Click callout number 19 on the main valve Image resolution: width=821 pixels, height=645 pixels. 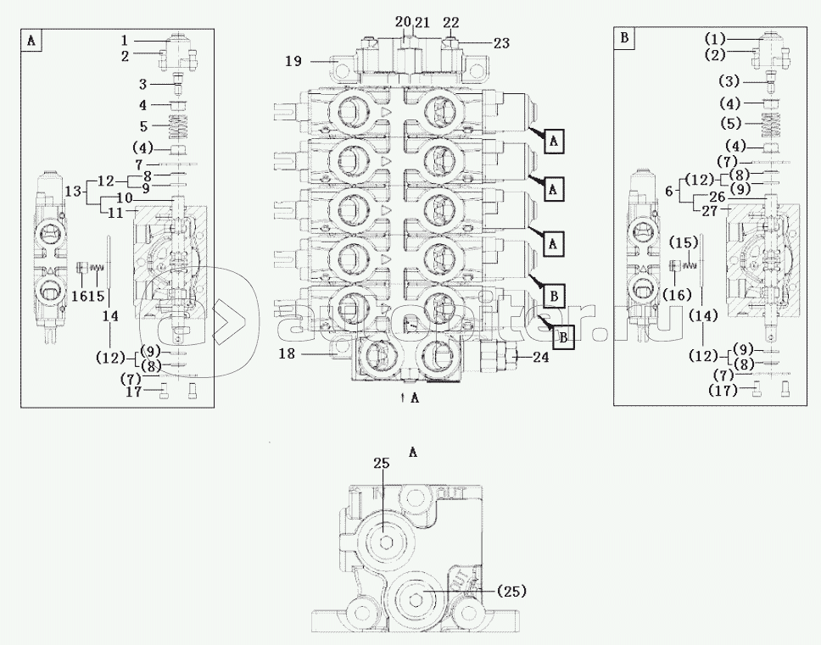pos(293,61)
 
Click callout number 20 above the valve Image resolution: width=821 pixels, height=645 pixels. pos(403,21)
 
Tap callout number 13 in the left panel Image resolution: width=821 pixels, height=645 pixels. pos(73,191)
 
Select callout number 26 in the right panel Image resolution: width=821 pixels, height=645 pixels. pos(717,198)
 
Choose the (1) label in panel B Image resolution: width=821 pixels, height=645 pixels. pos(717,39)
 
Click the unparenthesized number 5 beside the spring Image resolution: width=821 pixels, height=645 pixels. pos(144,125)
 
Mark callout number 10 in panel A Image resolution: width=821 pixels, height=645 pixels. pos(124,198)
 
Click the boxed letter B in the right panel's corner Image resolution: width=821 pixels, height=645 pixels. pos(624,37)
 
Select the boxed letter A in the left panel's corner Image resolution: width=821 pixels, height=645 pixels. pos(31,40)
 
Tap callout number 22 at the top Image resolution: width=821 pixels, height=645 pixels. pos(451,21)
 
